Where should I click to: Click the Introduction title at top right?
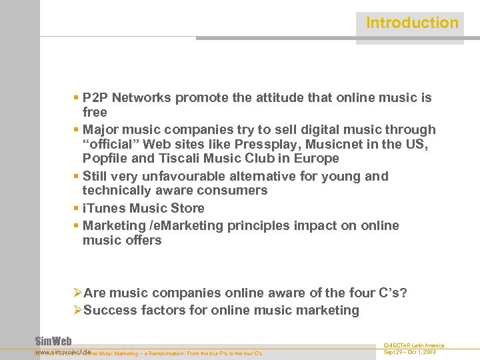pos(412,23)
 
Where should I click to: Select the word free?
pos(95,112)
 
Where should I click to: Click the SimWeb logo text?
pos(53,341)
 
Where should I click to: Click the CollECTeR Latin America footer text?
pos(413,345)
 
